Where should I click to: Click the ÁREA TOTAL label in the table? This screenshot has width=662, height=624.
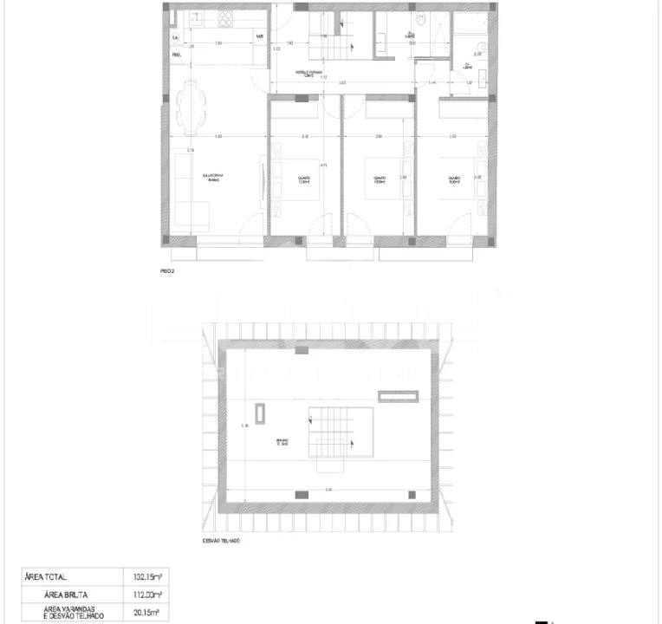pos(46,577)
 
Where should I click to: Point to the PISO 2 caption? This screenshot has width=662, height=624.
pos(167,271)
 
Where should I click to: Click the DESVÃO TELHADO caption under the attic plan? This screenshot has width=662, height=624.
pos(220,540)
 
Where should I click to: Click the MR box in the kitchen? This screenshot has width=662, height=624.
pos(259,36)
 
